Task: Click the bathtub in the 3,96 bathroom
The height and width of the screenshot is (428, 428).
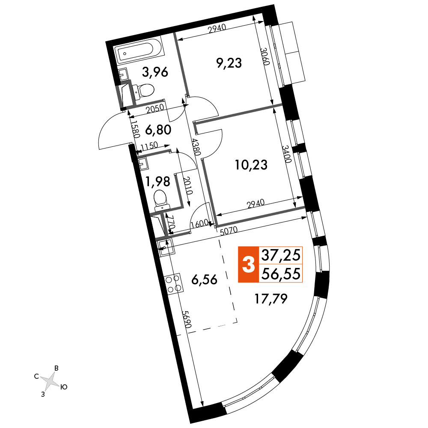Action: tap(134, 51)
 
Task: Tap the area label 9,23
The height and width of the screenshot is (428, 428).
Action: tap(229, 63)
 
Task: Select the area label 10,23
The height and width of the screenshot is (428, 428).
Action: tap(251, 165)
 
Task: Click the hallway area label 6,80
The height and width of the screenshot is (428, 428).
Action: tap(158, 130)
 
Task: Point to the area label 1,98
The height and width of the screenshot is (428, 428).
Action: tap(158, 182)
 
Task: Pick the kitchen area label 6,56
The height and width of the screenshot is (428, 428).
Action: tap(205, 279)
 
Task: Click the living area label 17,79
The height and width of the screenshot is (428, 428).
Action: tap(271, 299)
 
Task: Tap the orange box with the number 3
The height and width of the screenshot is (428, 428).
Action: tap(248, 264)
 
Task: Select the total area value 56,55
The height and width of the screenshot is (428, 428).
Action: tap(281, 273)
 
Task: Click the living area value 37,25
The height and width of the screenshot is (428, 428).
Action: tap(281, 255)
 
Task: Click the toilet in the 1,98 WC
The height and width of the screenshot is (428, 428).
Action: tap(161, 201)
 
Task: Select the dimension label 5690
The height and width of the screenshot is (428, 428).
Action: tap(187, 319)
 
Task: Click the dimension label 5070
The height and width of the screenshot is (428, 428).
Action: tap(229, 230)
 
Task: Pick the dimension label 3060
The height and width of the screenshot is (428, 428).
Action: tap(265, 56)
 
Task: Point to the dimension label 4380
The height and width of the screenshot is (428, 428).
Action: tap(196, 147)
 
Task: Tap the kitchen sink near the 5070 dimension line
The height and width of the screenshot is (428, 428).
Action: tap(165, 248)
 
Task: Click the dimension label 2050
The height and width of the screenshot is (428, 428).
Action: tap(155, 109)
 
